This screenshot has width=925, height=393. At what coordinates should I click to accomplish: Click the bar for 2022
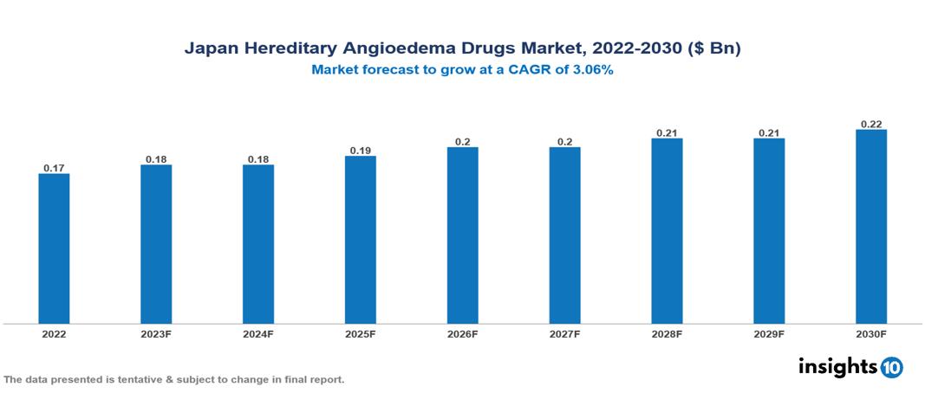click(54, 248)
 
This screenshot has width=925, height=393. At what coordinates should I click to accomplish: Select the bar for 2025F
click(360, 240)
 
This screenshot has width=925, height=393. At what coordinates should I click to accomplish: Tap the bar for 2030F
click(871, 227)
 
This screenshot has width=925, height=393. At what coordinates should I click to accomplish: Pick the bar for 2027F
click(564, 235)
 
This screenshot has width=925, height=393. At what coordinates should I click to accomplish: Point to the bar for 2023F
click(156, 244)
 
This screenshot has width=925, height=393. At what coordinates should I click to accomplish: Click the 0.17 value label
click(54, 167)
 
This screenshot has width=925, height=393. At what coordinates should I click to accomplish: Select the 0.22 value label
click(871, 124)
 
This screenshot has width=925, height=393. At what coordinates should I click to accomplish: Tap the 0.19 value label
click(360, 150)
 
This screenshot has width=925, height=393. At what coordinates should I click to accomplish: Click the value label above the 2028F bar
click(667, 132)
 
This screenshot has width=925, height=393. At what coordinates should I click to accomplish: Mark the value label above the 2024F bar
click(258, 158)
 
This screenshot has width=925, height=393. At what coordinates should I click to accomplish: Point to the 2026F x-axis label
click(462, 334)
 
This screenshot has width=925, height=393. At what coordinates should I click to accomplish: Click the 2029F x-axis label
click(769, 334)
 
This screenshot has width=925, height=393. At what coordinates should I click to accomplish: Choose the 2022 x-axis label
click(54, 334)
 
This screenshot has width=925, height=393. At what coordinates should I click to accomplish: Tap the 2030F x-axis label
click(871, 334)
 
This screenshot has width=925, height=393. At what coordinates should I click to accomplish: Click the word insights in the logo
click(837, 366)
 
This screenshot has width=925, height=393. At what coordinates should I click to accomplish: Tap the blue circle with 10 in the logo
click(891, 367)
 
